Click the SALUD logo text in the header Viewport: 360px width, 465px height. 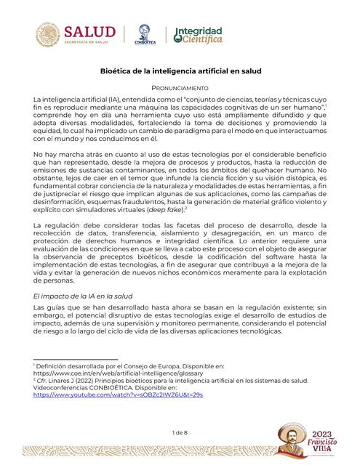pos(89,33)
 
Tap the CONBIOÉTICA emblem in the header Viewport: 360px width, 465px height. pos(145,34)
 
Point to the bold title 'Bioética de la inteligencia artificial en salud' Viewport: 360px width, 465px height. pos(180,72)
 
